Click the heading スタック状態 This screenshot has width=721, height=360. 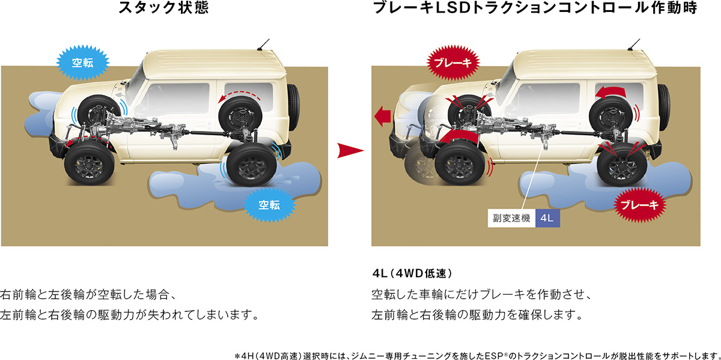[x=164, y=8]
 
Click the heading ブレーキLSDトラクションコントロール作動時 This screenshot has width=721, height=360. [x=535, y=8]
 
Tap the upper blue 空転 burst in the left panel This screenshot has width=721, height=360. [x=83, y=63]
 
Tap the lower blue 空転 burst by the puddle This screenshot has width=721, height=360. [x=269, y=205]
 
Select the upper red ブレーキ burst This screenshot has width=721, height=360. [x=453, y=63]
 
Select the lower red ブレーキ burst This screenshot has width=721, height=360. [x=639, y=205]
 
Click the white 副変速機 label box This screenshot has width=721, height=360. [x=511, y=218]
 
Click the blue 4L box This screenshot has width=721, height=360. [x=547, y=218]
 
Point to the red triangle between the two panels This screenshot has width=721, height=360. [x=350, y=150]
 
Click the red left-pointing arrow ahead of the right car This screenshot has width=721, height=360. [x=382, y=116]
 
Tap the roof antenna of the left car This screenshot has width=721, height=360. [x=263, y=44]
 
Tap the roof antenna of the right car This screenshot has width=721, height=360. [x=633, y=44]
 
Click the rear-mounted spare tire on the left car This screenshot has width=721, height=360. [x=293, y=107]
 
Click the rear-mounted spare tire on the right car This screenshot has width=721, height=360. [x=663, y=107]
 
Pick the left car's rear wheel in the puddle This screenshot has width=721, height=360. [x=251, y=165]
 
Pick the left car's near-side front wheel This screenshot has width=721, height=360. [x=89, y=163]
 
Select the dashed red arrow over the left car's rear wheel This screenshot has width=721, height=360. [x=239, y=96]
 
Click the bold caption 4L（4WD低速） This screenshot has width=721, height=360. [x=412, y=273]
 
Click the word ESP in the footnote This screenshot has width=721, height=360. [x=494, y=356]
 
